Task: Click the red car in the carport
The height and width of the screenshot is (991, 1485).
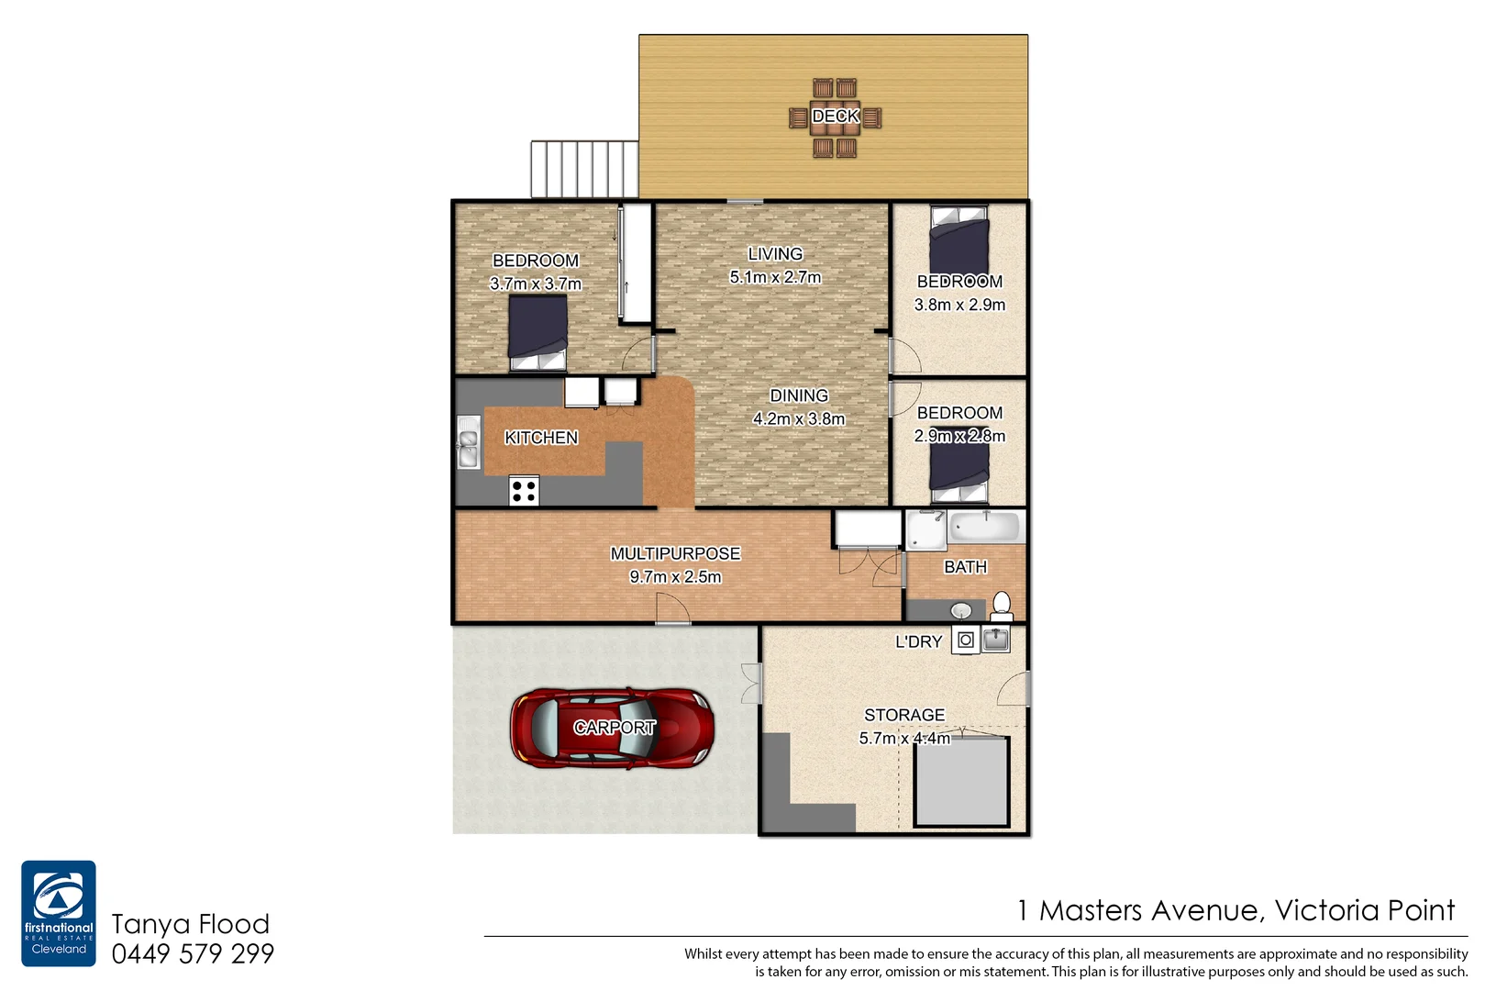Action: (612, 728)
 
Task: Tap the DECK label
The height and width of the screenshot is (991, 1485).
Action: (835, 117)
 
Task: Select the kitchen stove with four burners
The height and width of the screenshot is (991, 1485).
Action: (524, 491)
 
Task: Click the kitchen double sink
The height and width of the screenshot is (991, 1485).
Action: (468, 442)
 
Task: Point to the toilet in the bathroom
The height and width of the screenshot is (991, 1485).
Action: (1002, 607)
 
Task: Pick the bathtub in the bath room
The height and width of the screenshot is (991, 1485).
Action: (984, 528)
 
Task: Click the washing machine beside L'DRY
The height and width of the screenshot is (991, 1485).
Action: (965, 640)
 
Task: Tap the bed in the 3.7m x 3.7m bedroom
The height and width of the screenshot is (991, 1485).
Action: (537, 333)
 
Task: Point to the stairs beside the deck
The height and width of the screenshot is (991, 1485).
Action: (584, 169)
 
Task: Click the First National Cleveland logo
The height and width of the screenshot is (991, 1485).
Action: (59, 913)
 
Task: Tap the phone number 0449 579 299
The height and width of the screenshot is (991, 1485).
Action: (193, 954)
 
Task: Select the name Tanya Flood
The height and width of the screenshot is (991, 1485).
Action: (191, 924)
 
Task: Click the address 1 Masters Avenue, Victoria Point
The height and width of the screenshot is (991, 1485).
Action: (1236, 910)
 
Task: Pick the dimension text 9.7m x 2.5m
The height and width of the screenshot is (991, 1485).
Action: (675, 577)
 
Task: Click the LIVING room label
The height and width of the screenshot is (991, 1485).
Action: (775, 254)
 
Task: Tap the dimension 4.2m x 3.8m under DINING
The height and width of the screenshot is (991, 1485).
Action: (799, 419)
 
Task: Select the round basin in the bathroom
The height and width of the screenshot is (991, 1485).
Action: (960, 610)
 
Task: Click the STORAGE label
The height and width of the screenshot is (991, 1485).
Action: (903, 715)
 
